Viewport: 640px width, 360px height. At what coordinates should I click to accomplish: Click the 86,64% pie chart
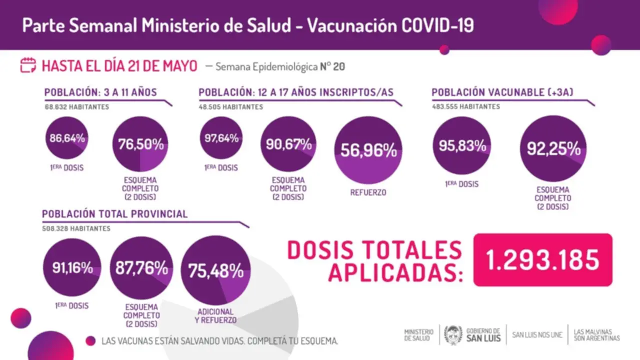pyautogui.click(x=67, y=138)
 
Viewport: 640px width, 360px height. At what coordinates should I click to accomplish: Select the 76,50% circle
pyautogui.click(x=140, y=144)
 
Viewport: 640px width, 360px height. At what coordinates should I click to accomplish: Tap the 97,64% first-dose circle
pyautogui.click(x=221, y=138)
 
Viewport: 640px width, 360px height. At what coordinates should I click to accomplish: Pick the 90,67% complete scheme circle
pyautogui.click(x=288, y=144)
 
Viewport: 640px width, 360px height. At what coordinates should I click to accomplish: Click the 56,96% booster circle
pyautogui.click(x=368, y=150)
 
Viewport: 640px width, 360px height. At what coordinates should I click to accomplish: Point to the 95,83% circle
pyautogui.click(x=461, y=145)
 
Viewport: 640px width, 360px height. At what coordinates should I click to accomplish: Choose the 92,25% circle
pyautogui.click(x=553, y=148)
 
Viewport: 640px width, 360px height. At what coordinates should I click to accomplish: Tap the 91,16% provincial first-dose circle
pyautogui.click(x=72, y=267)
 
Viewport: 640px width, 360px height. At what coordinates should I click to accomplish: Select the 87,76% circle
pyautogui.click(x=141, y=267)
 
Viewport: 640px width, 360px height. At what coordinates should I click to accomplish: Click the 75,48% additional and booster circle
pyautogui.click(x=215, y=270)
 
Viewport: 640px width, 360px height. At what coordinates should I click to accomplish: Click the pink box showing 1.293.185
pyautogui.click(x=542, y=260)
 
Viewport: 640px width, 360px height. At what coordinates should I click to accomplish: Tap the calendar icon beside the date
pyautogui.click(x=28, y=65)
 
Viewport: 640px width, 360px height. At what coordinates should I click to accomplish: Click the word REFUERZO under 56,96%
pyautogui.click(x=368, y=192)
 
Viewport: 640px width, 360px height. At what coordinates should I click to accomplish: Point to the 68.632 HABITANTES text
pyautogui.click(x=76, y=106)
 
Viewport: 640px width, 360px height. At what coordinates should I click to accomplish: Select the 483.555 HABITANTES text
pyautogui.click(x=465, y=106)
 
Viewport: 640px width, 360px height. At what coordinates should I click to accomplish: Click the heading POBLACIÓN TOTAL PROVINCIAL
pyautogui.click(x=115, y=214)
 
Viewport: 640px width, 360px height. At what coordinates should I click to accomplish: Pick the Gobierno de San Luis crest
pyautogui.click(x=453, y=334)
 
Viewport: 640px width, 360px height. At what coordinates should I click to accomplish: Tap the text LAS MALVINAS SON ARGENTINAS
pyautogui.click(x=596, y=334)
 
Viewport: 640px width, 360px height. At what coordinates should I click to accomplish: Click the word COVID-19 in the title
pyautogui.click(x=437, y=25)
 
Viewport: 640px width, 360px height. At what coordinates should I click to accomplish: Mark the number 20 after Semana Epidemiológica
pyautogui.click(x=338, y=66)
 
